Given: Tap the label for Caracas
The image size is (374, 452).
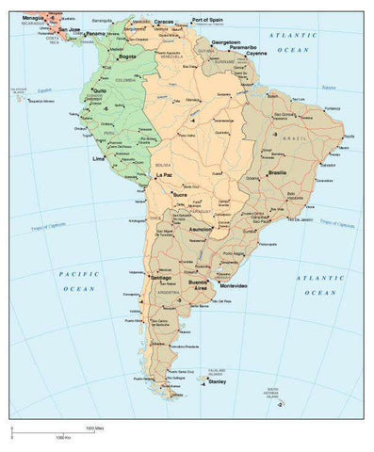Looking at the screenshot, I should pyautogui.click(x=164, y=21).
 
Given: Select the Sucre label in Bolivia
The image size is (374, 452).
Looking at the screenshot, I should pyautogui.click(x=181, y=194).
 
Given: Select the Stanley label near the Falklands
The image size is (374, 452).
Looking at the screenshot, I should pyautogui.click(x=218, y=382).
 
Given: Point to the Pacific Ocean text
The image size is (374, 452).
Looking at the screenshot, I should pyautogui.click(x=73, y=282).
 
